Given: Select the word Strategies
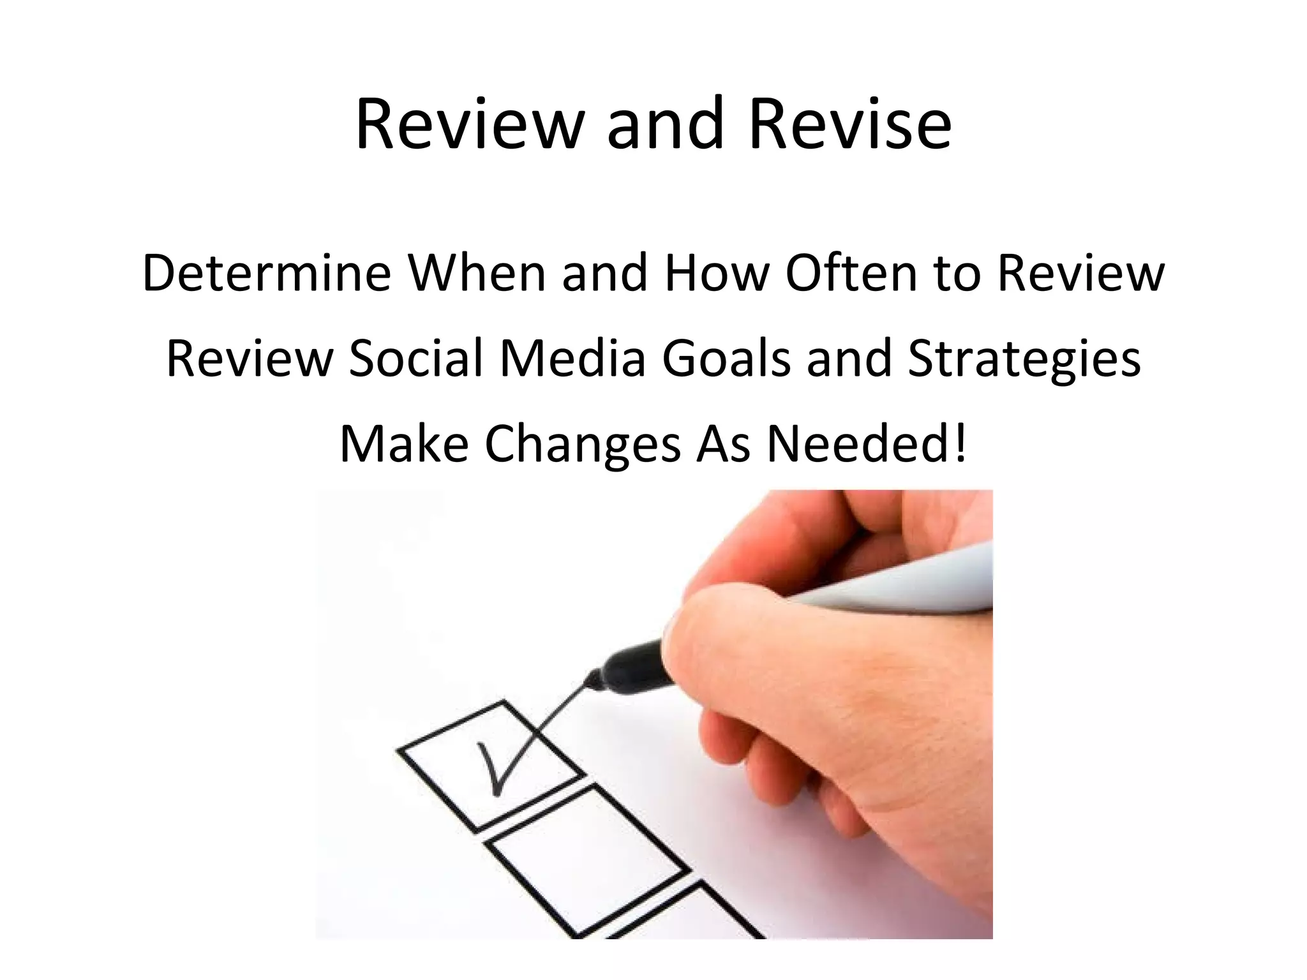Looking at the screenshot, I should point(1024,359).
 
